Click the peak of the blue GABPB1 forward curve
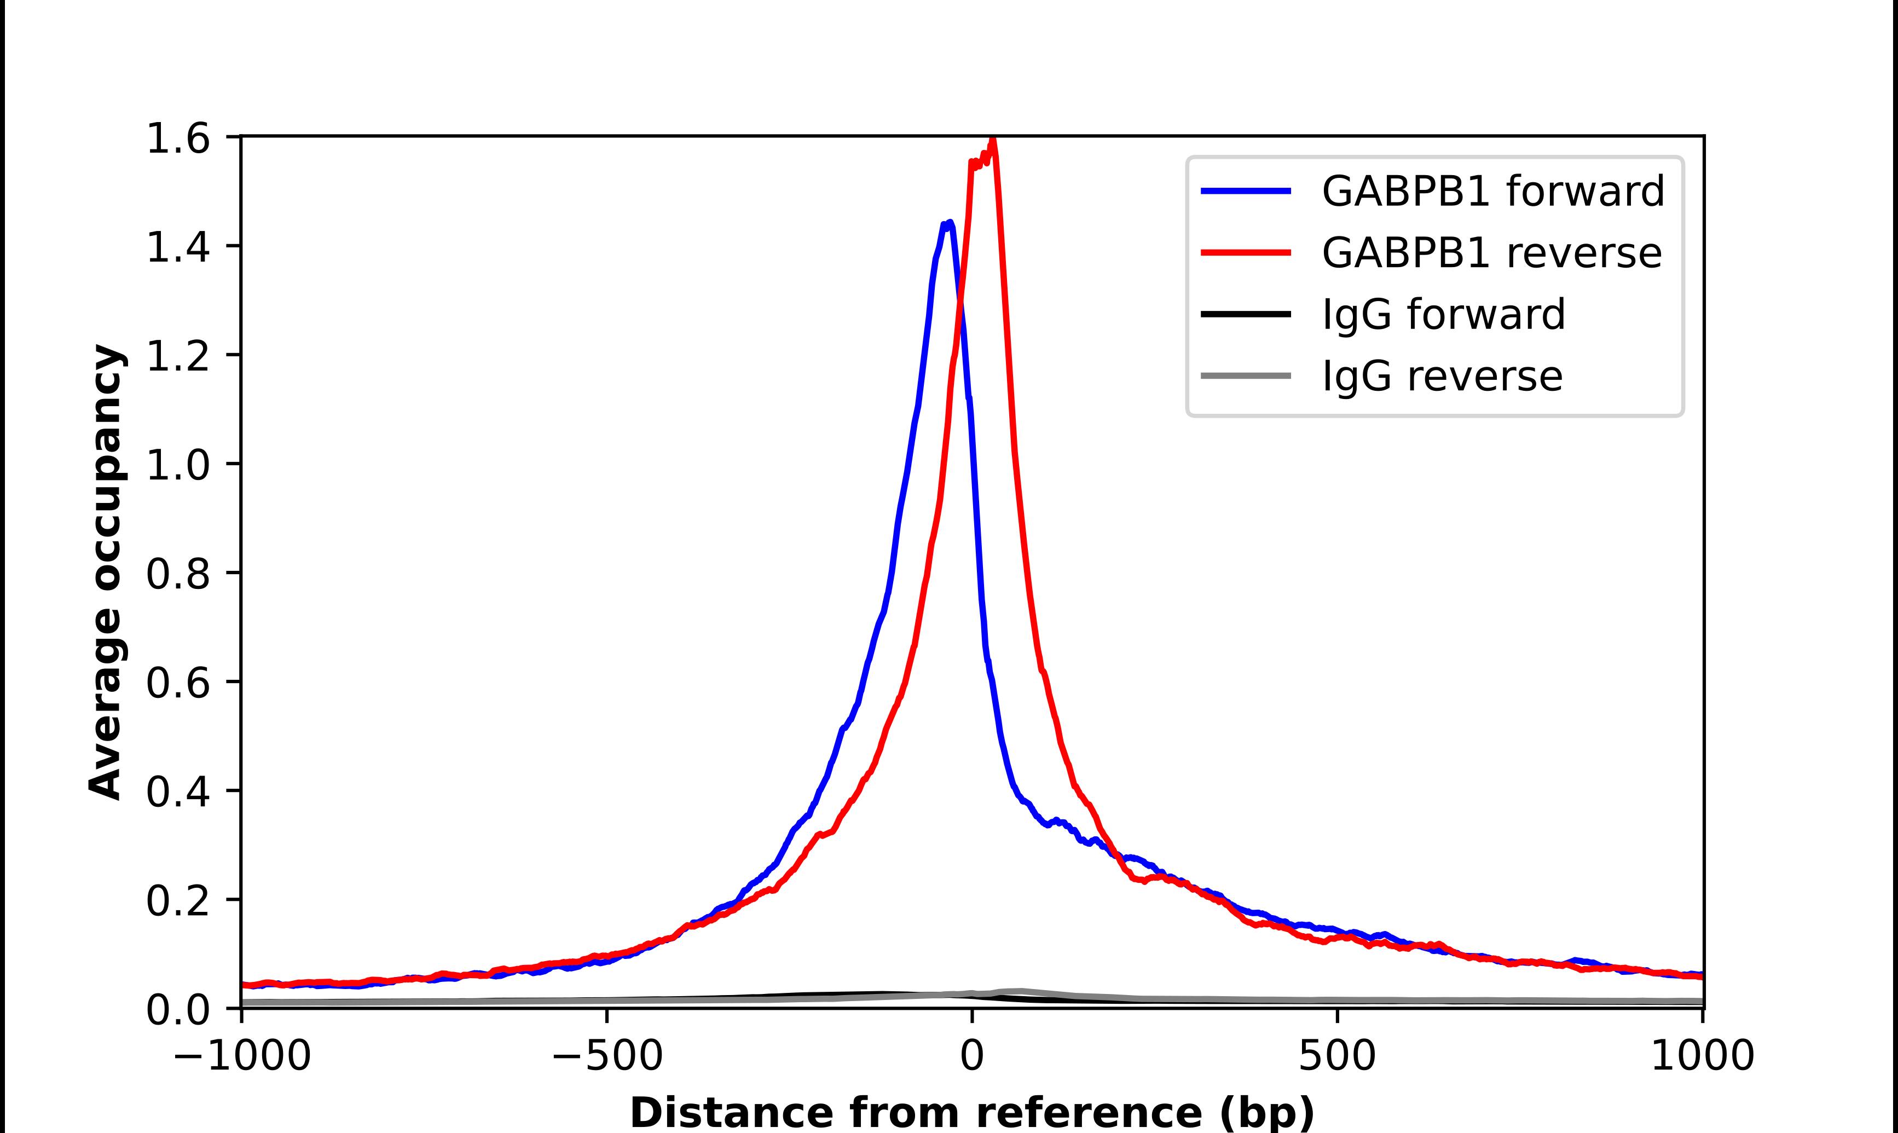(x=948, y=223)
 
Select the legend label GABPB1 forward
(x=1492, y=191)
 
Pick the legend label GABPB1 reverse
(x=1491, y=253)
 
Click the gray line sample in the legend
(x=1246, y=375)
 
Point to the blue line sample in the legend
(x=1246, y=191)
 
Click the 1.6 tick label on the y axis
(x=177, y=139)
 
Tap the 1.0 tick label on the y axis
(x=177, y=465)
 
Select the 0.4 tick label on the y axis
(x=177, y=791)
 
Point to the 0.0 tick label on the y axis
(x=177, y=1009)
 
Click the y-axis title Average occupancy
(x=105, y=573)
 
